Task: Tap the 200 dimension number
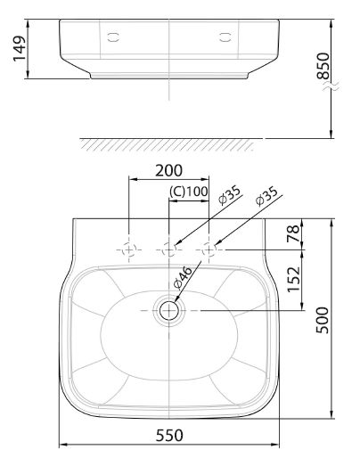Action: (168, 170)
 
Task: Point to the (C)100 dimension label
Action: (188, 192)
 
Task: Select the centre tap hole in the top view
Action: (168, 251)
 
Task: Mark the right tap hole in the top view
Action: (209, 251)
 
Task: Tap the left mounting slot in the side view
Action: (112, 37)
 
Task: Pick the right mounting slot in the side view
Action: (225, 37)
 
